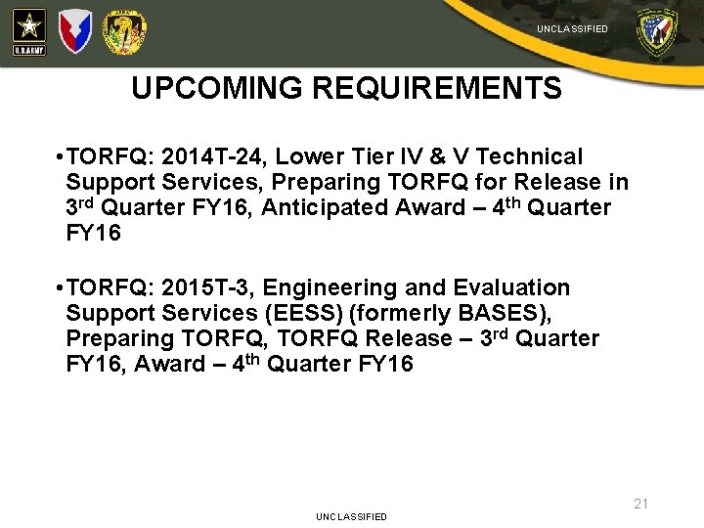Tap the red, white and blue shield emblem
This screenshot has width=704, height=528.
click(x=74, y=31)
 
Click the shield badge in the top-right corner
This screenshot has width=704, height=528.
click(x=656, y=32)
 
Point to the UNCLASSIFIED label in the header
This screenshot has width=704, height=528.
click(x=572, y=29)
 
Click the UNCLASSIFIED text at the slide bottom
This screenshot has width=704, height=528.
click(x=351, y=516)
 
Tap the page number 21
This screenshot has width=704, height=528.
click(x=640, y=504)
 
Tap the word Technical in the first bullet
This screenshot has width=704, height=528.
click(x=529, y=156)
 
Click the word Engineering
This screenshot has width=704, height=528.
click(x=324, y=287)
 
